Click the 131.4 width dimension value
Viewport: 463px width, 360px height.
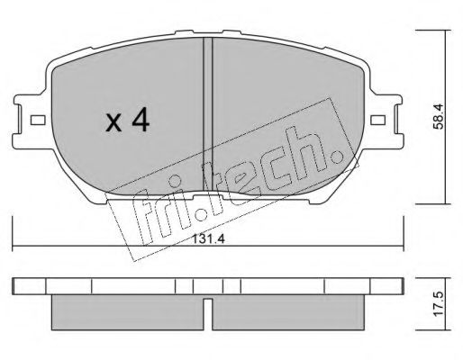[208, 239]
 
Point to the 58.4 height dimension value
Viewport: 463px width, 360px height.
[439, 116]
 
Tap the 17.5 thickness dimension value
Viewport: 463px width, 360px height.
[439, 303]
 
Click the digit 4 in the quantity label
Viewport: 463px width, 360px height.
[141, 120]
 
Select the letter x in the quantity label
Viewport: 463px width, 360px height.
[113, 123]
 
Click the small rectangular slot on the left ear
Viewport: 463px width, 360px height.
[38, 121]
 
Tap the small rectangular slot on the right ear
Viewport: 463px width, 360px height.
[377, 121]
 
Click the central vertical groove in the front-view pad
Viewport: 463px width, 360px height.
[208, 115]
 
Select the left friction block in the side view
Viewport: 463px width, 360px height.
[128, 312]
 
